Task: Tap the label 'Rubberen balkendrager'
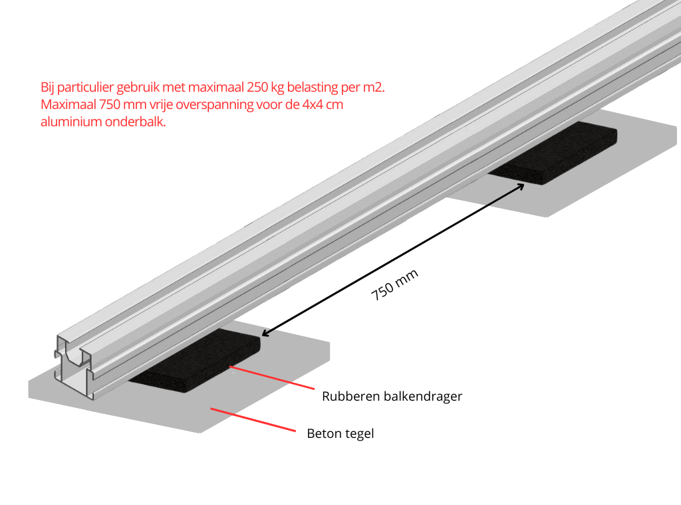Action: point(392,397)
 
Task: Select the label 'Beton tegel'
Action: point(340,434)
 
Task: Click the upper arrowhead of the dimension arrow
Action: point(521,185)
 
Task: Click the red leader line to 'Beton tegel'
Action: point(253,420)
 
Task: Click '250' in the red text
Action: point(258,88)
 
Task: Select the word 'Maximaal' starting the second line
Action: point(68,105)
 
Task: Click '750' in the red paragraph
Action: point(110,105)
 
